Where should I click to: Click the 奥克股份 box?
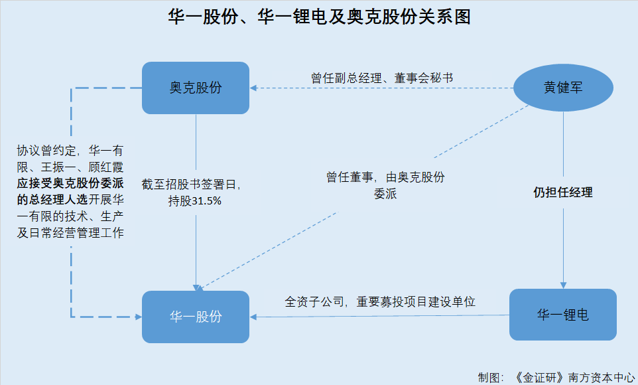point(196,88)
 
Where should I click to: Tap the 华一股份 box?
point(196,317)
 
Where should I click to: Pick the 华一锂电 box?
point(562,315)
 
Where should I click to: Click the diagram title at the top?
point(319,17)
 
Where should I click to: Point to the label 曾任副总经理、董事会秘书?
point(382,77)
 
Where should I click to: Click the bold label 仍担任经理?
point(563,193)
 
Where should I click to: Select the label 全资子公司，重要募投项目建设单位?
point(380,301)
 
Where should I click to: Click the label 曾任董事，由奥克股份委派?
point(385,186)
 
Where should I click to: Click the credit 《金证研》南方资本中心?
point(574,376)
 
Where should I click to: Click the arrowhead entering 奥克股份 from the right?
point(253,88)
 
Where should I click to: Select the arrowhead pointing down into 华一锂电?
point(563,285)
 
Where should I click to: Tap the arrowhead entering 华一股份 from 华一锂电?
point(253,317)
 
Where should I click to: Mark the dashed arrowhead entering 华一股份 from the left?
point(138,317)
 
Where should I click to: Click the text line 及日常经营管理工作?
point(71,233)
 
